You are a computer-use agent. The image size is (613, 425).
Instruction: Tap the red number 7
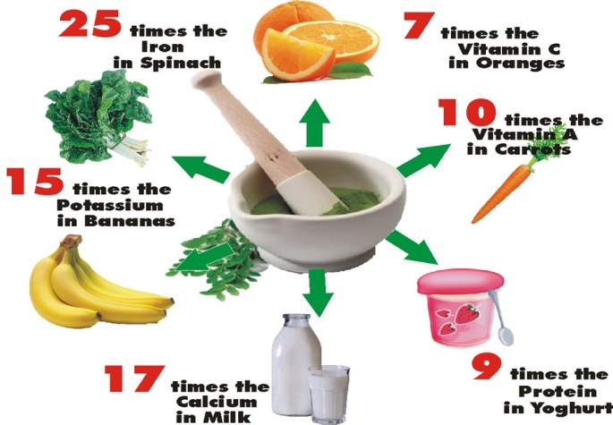tap(419, 25)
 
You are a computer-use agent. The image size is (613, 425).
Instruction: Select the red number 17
tap(134, 378)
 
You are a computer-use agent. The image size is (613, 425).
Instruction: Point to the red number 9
tap(487, 367)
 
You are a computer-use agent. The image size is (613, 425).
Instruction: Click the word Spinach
tap(181, 64)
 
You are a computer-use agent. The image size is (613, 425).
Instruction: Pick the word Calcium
tap(217, 402)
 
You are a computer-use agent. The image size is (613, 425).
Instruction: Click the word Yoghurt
tap(573, 408)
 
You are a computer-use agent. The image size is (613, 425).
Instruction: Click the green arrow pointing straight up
tap(314, 122)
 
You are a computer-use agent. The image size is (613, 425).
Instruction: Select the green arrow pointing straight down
tap(318, 292)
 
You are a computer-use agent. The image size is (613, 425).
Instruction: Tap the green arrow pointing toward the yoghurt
tap(412, 248)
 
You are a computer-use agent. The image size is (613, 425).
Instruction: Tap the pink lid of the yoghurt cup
tap(461, 282)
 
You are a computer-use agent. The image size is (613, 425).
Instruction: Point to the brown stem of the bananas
tap(72, 241)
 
